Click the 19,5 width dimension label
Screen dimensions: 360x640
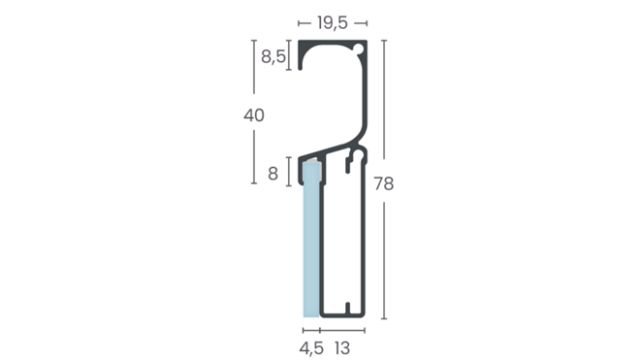click(333, 21)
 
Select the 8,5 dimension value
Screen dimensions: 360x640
click(272, 56)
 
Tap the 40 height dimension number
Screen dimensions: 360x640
click(254, 115)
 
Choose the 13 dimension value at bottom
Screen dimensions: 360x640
click(344, 346)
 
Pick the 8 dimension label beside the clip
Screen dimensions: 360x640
click(272, 174)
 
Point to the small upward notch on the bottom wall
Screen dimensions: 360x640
click(344, 311)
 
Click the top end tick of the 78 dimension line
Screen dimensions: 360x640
click(384, 41)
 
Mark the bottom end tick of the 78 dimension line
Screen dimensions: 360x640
click(384, 318)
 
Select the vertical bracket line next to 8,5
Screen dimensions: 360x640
click(289, 56)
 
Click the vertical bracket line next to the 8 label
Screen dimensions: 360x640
click(289, 174)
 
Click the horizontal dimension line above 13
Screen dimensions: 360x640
click(344, 330)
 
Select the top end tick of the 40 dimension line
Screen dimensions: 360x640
click(254, 41)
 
